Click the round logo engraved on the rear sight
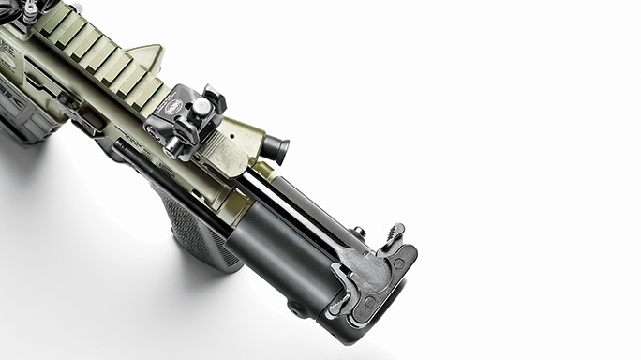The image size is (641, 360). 179,109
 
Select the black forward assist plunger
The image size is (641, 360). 274,147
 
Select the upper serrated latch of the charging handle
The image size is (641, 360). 394,235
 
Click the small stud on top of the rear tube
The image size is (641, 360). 358,231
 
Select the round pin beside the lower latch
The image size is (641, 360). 370,303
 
